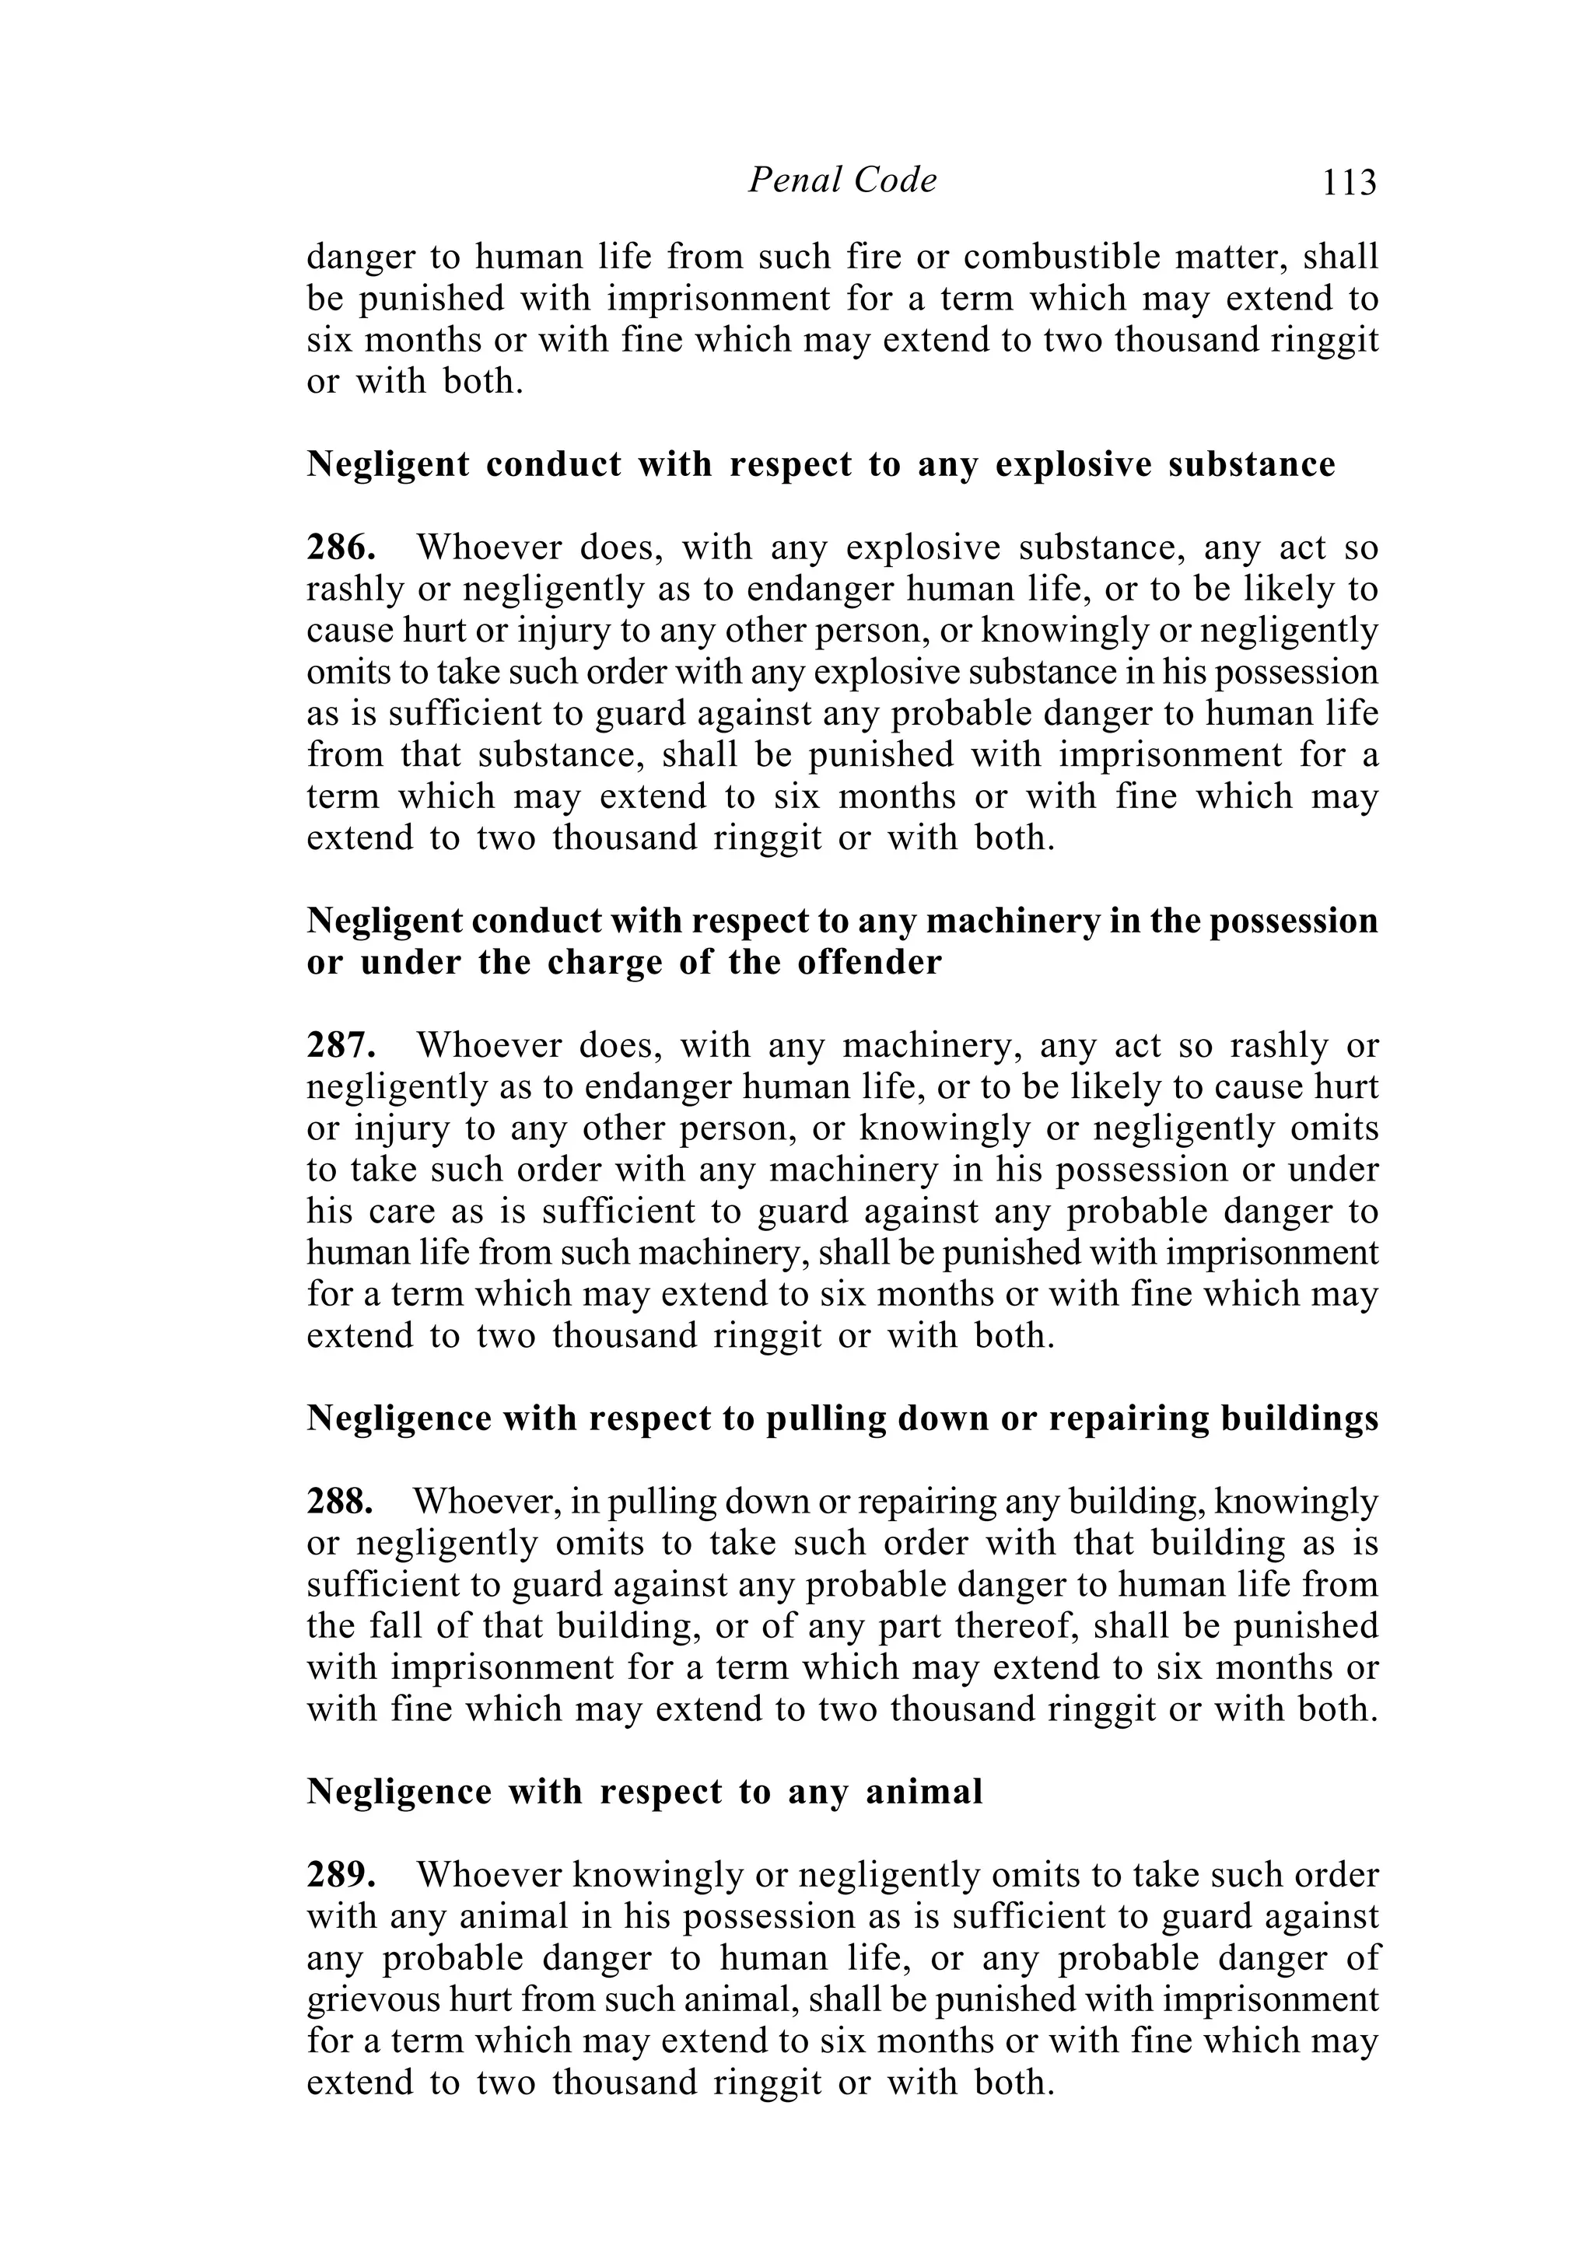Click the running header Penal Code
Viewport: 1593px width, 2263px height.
coord(842,180)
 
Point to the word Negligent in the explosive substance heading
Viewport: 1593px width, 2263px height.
coord(387,464)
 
